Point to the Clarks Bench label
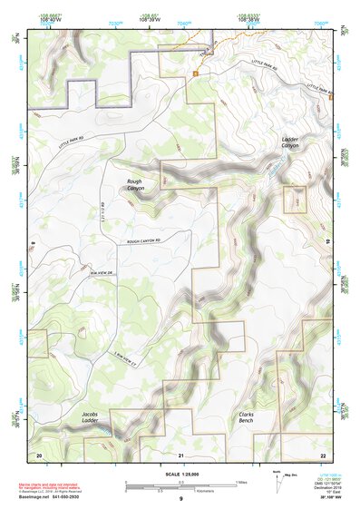click(246, 416)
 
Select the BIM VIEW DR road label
click(102, 271)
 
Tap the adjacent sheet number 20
click(39, 455)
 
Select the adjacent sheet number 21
click(180, 455)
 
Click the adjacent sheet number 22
click(323, 455)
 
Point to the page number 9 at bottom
click(180, 499)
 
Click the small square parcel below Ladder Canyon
click(295, 199)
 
